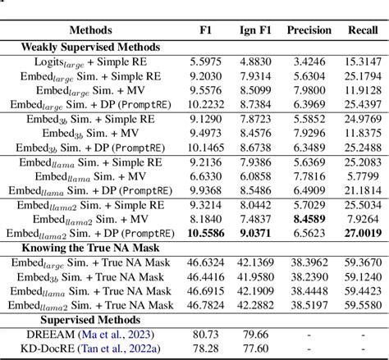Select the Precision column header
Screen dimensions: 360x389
(x=309, y=31)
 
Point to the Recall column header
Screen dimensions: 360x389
(x=362, y=31)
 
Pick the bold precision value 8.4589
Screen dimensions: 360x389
(x=309, y=220)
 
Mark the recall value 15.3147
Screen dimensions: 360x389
(x=362, y=62)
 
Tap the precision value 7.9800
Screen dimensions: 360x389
(x=309, y=90)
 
